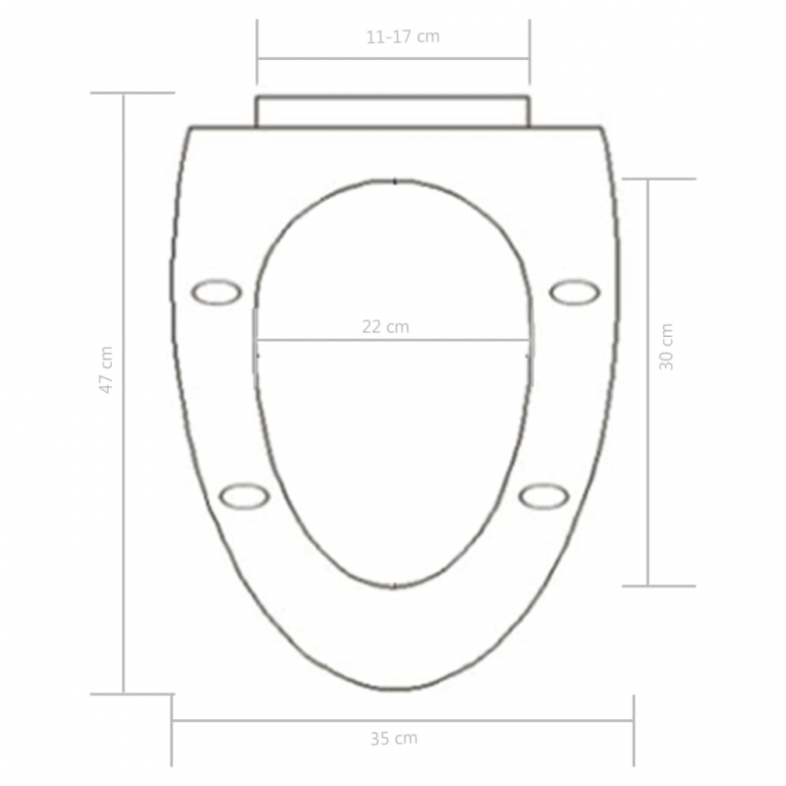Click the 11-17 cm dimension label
pyautogui.click(x=402, y=37)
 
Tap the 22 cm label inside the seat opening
pyautogui.click(x=384, y=327)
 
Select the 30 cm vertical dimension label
pyautogui.click(x=667, y=346)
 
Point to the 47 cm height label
pyautogui.click(x=106, y=369)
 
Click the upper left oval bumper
pyautogui.click(x=215, y=292)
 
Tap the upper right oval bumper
pyautogui.click(x=574, y=292)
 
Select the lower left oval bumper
pyautogui.click(x=244, y=496)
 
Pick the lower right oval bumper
pyautogui.click(x=543, y=496)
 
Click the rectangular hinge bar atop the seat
pyautogui.click(x=393, y=111)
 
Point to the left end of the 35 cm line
pyautogui.click(x=173, y=721)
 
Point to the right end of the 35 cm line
pyautogui.click(x=633, y=721)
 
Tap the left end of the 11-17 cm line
pyautogui.click(x=257, y=57)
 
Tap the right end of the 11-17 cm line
pyautogui.click(x=530, y=57)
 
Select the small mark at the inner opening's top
pyautogui.click(x=394, y=181)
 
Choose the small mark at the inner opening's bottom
pyautogui.click(x=394, y=587)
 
